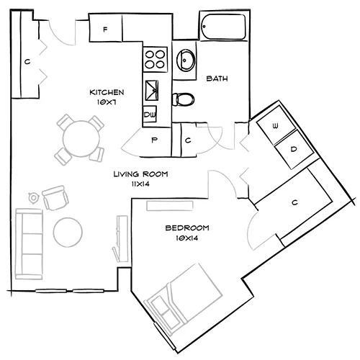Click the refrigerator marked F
coord(106,30)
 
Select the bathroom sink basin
coord(184,60)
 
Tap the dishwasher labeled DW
coord(150,114)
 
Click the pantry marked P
coord(153,141)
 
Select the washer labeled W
coord(274,125)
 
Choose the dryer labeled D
coord(293,149)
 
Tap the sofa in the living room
coord(29,243)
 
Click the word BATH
coord(217,78)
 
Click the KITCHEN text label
coord(107,92)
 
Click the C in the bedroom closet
coord(294,202)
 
